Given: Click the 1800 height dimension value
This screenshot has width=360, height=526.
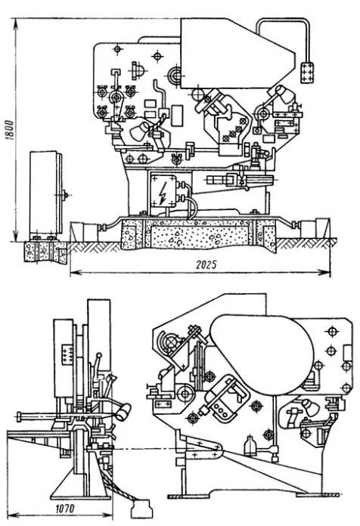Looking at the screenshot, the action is click(10, 129).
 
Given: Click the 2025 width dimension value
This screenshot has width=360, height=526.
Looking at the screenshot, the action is click(206, 265).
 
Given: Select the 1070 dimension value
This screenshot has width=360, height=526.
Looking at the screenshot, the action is click(64, 509).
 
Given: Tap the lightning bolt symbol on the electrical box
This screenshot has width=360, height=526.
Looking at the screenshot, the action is click(164, 193).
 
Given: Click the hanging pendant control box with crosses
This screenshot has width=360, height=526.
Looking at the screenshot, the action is click(306, 72).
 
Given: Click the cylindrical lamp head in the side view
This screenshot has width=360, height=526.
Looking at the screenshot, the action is click(123, 412).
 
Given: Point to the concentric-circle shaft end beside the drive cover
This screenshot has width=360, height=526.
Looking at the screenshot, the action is click(175, 75).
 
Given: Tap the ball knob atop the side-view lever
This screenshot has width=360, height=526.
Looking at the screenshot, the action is click(99, 355).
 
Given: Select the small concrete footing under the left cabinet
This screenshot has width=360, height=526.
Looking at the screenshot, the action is click(45, 251).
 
